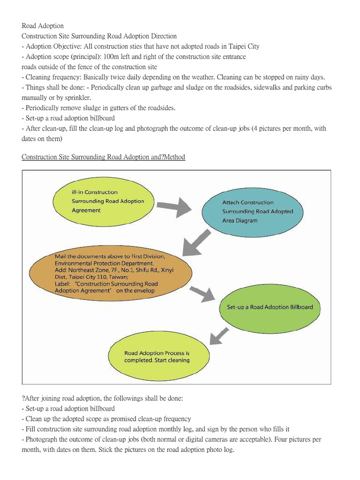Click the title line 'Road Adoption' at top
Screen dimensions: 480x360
[x=43, y=26]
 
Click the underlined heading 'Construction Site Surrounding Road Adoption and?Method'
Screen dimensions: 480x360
[x=103, y=157]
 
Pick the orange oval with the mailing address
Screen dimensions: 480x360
[x=110, y=274]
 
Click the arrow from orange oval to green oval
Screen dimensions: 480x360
[x=202, y=294]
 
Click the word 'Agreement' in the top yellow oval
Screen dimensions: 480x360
[x=86, y=210]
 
